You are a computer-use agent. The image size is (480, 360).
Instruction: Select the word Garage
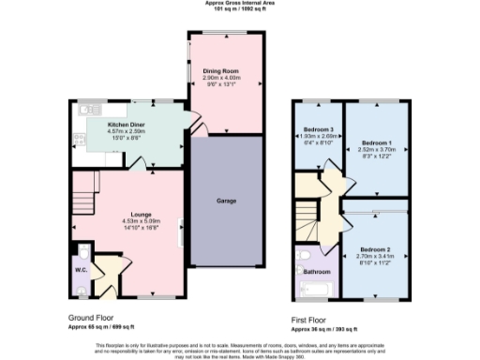tap(226, 202)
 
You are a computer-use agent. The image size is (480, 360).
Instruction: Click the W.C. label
tap(81, 273)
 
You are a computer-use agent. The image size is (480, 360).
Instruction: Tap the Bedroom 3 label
tap(318, 129)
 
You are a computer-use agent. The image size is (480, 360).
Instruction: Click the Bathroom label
tap(316, 272)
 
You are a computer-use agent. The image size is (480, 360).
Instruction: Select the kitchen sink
tap(80, 122)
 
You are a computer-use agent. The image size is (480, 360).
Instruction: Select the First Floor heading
tap(311, 319)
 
